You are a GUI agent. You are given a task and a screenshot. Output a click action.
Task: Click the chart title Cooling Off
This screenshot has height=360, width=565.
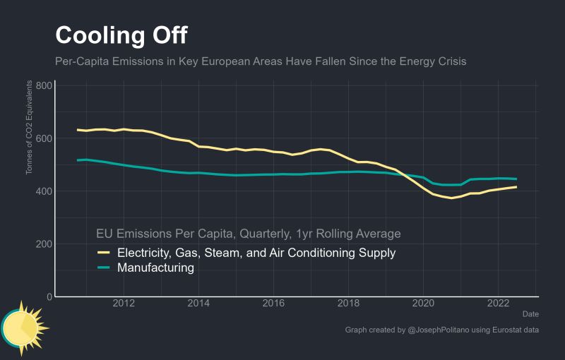pos(121,35)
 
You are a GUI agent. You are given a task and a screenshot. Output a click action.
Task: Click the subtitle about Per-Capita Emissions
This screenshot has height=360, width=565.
pos(261,61)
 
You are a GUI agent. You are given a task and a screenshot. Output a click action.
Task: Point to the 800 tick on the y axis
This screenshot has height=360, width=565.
pos(43,86)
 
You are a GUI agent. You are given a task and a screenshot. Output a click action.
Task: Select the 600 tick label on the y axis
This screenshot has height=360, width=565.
pos(43,138)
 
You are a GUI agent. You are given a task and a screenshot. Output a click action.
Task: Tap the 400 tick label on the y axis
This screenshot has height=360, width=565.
pos(43,191)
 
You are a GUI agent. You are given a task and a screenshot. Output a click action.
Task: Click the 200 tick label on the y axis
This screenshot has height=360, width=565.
pos(43,244)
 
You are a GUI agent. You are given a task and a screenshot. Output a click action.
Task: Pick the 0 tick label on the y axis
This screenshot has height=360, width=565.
pos(48,297)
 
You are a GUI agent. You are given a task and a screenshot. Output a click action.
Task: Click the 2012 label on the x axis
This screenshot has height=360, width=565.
pos(124,305)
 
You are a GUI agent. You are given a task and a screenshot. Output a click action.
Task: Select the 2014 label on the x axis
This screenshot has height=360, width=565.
pos(199,305)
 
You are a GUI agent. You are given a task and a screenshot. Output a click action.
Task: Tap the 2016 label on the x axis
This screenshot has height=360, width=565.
pos(274,305)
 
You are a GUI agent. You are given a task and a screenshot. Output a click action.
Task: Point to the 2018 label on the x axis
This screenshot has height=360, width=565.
pos(349,305)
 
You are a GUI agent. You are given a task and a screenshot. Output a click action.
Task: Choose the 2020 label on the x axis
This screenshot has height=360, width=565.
pos(424,305)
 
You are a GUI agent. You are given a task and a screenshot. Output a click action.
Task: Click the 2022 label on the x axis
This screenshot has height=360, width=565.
pos(499,305)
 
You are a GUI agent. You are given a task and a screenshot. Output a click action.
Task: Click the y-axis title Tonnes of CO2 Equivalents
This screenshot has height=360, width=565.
pos(30,127)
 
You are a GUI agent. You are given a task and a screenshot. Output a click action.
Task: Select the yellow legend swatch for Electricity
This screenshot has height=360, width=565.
pos(104,253)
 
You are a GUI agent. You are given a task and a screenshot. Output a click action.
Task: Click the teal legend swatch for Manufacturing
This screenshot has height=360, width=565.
pos(104,268)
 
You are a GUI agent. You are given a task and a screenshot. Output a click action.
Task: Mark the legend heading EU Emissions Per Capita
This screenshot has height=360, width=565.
pos(248,234)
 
